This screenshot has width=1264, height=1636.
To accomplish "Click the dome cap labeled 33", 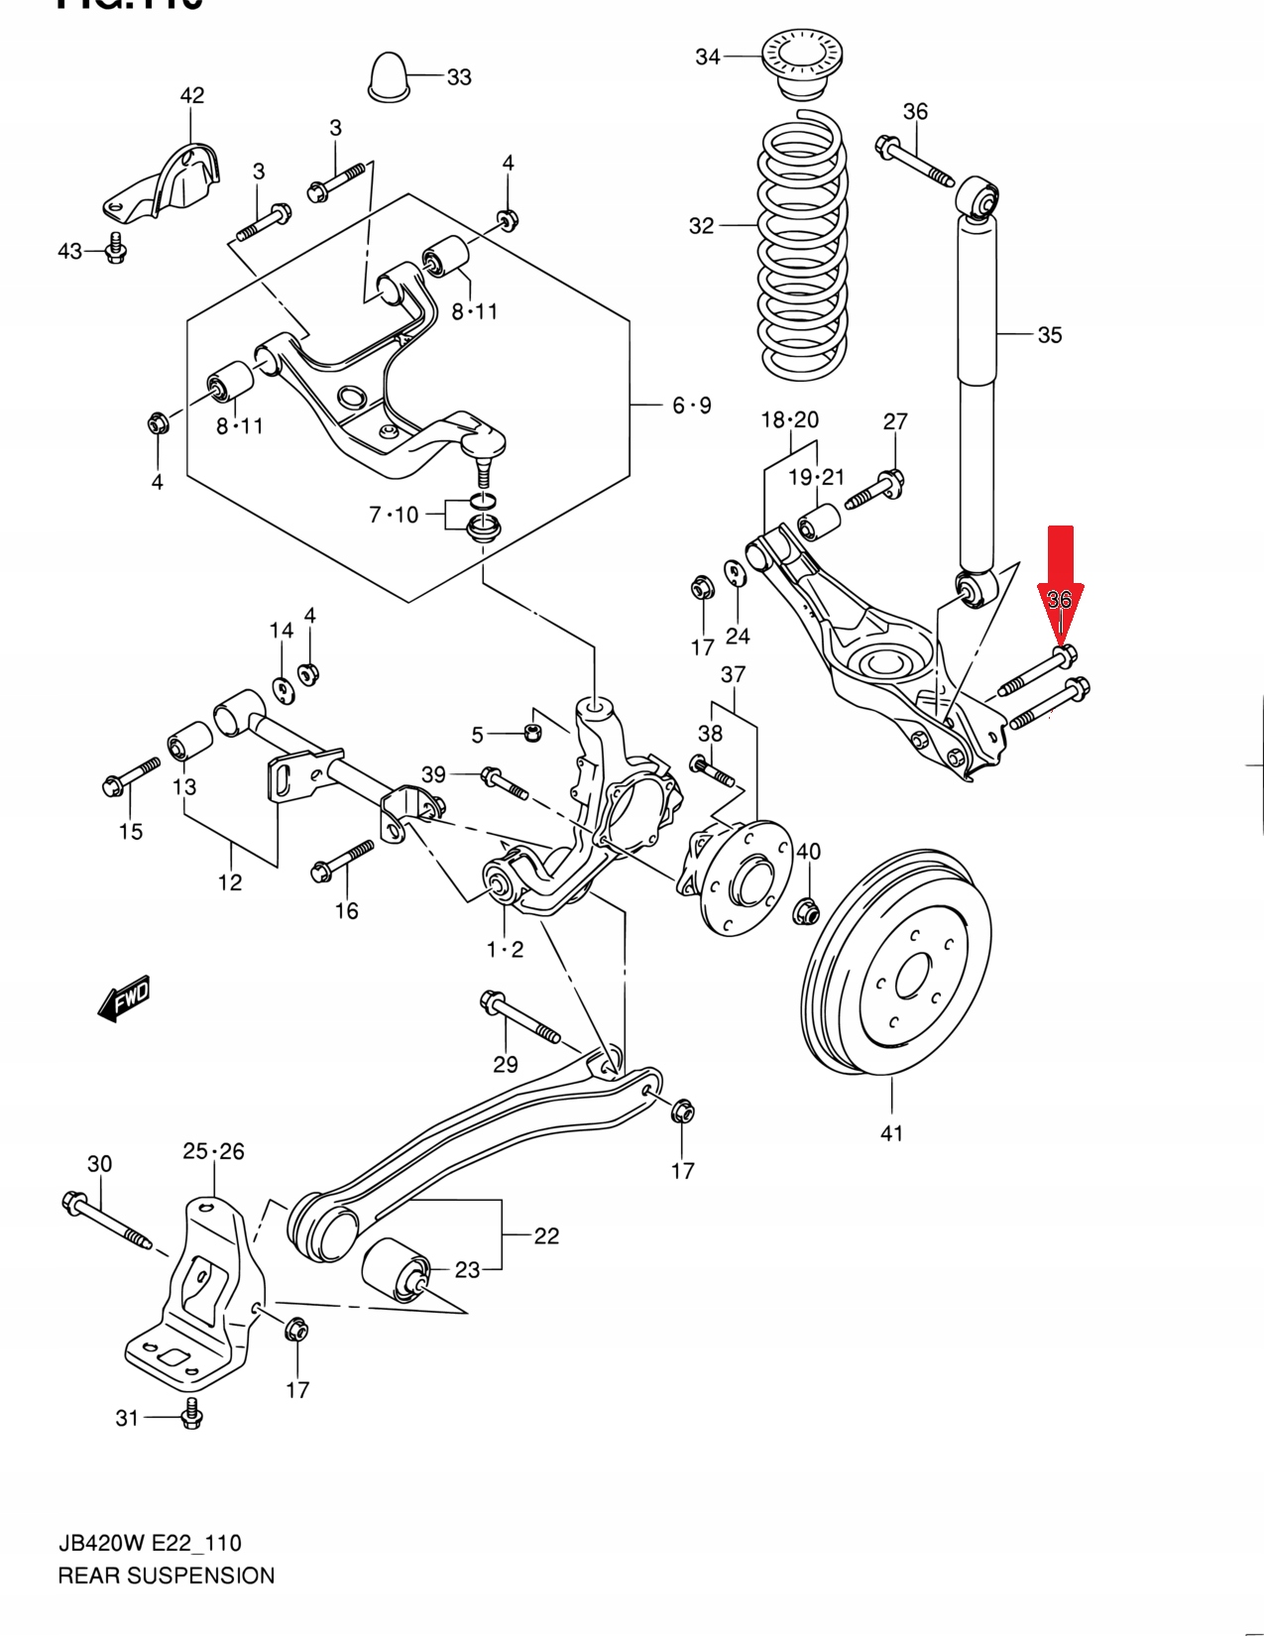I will pos(388,73).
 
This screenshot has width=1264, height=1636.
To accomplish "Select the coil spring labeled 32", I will pos(803,248).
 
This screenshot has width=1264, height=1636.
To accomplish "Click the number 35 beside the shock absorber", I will pos(1049,335).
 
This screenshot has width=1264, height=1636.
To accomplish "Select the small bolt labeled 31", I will pos(192,1416).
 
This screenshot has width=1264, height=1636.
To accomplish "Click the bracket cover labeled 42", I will pos(167,182).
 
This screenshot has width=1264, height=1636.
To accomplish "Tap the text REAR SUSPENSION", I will pos(167,1576).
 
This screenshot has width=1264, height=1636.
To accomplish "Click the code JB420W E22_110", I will pos(150,1543).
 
